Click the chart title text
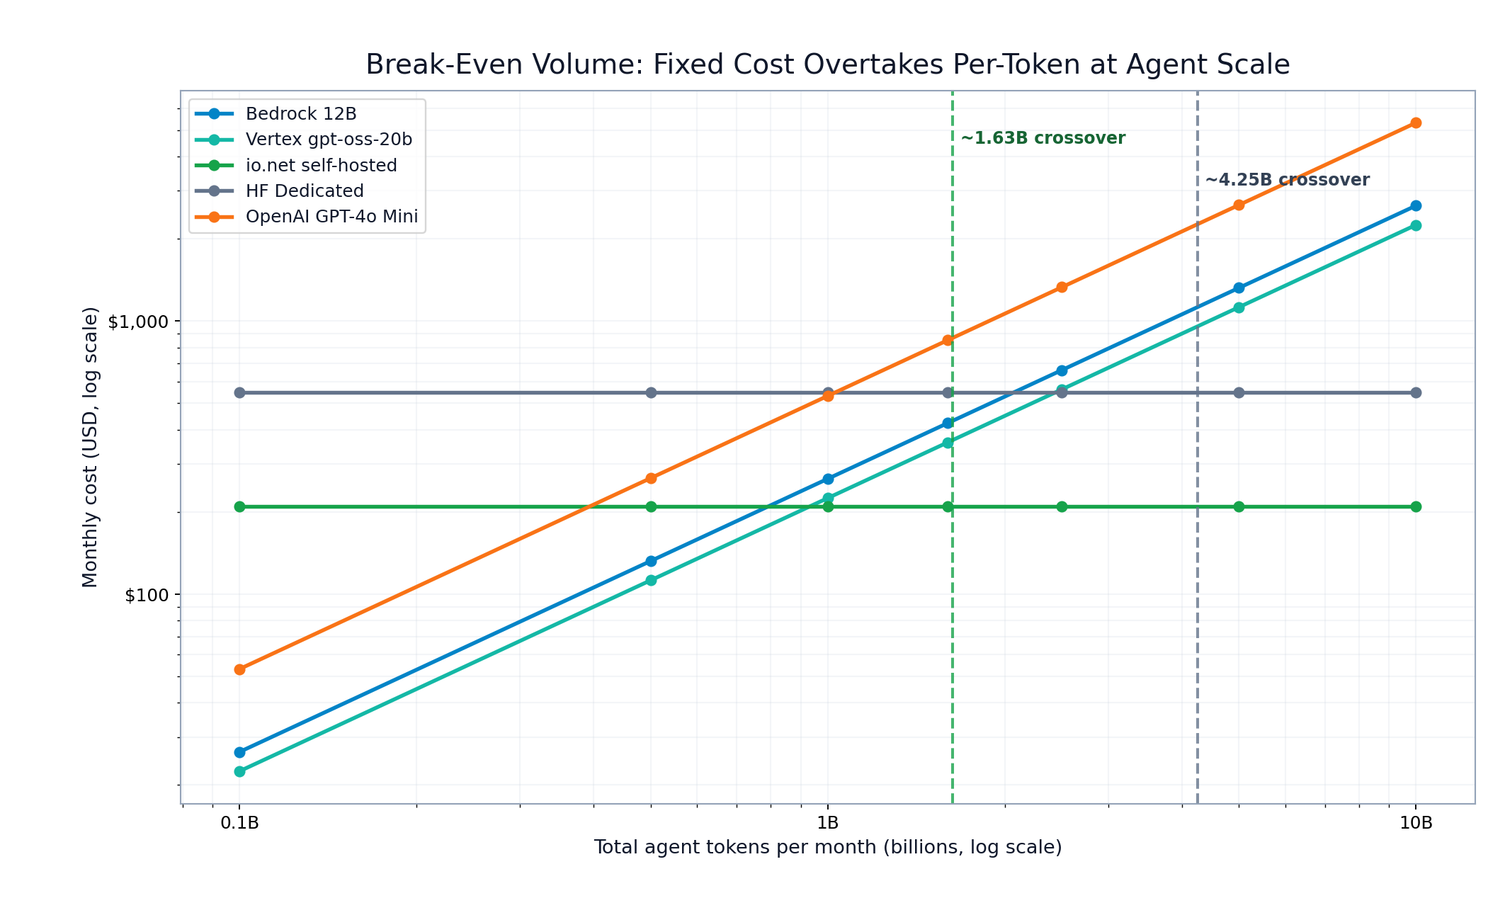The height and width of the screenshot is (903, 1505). pyautogui.click(x=827, y=64)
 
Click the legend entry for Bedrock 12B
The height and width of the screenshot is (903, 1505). pyautogui.click(x=301, y=114)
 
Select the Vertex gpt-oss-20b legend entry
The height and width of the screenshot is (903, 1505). pyautogui.click(x=329, y=140)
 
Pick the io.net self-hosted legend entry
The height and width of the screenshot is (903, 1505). pyautogui.click(x=321, y=166)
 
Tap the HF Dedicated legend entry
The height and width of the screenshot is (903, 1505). pyautogui.click(x=305, y=191)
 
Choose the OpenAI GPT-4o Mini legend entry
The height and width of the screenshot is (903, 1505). pyautogui.click(x=331, y=217)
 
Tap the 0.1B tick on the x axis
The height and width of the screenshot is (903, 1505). pyautogui.click(x=239, y=822)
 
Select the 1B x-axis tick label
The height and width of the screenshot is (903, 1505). pyautogui.click(x=827, y=822)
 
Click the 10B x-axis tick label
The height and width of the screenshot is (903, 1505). pyautogui.click(x=1416, y=822)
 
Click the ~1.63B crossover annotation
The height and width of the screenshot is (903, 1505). pyautogui.click(x=1043, y=139)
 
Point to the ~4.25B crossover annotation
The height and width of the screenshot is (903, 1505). pyautogui.click(x=1287, y=180)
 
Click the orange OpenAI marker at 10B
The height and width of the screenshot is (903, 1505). pyautogui.click(x=1416, y=123)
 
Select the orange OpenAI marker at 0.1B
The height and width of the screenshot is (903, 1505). pyautogui.click(x=239, y=669)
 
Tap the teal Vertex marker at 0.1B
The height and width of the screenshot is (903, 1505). pyautogui.click(x=239, y=771)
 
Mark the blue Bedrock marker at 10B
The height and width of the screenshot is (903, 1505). pyautogui.click(x=1416, y=206)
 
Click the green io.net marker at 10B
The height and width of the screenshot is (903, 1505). pyautogui.click(x=1416, y=507)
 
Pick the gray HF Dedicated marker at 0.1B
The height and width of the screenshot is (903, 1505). pyautogui.click(x=239, y=392)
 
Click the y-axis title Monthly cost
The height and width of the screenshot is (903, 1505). pyautogui.click(x=90, y=447)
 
